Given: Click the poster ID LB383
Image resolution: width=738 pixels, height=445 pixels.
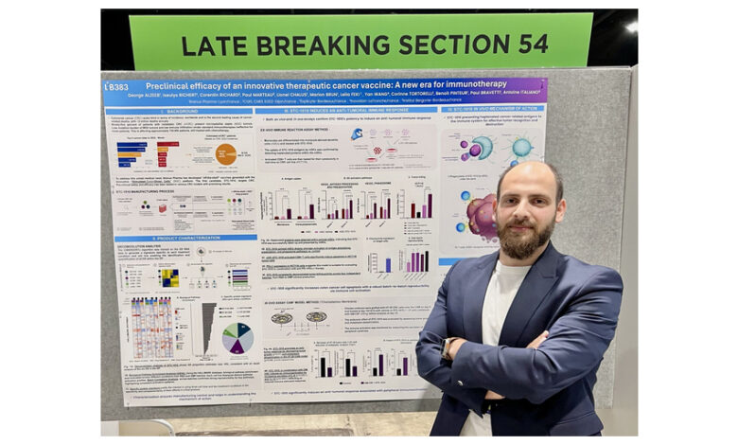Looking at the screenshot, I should click(116, 86).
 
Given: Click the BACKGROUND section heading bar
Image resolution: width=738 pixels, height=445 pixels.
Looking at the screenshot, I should click(180, 112).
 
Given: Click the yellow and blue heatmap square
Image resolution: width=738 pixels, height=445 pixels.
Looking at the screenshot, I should click(168, 276).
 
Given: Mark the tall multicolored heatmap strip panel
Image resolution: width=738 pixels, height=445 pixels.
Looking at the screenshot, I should click(151, 328).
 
